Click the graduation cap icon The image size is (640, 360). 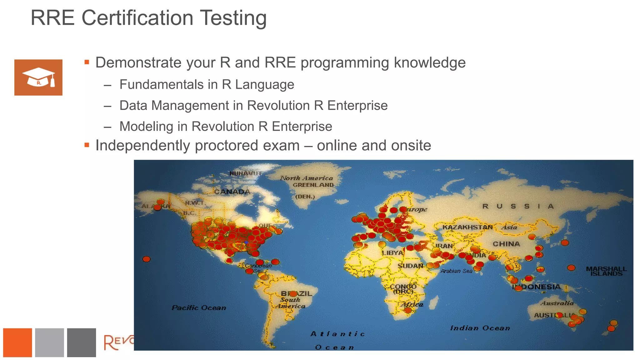(38, 77)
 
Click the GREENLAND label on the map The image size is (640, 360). (313, 185)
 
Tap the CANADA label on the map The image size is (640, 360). (232, 192)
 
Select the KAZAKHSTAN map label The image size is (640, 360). (467, 227)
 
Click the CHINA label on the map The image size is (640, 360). (506, 244)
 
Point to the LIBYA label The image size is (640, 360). (392, 253)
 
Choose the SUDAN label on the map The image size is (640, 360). (410, 266)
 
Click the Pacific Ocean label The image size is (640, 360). (199, 308)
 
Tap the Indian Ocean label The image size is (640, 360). (480, 328)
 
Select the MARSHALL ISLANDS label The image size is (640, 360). (606, 271)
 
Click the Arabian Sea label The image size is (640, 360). (456, 271)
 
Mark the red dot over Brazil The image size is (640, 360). (293, 294)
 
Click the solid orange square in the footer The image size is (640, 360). (17, 342)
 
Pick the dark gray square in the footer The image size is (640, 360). (81, 342)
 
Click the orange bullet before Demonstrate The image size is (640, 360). (87, 62)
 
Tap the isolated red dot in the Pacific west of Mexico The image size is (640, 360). (146, 259)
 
